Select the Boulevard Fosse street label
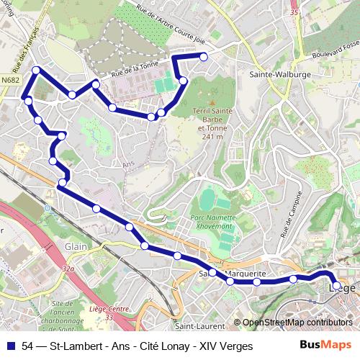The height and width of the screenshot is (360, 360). (x=336, y=49)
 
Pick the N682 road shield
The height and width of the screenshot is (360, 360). (x=10, y=81)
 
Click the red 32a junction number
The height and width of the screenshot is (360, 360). (x=68, y=269)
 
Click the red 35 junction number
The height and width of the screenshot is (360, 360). (x=293, y=12)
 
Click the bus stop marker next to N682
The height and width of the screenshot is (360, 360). (x=36, y=70)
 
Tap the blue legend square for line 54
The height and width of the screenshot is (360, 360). (x=10, y=346)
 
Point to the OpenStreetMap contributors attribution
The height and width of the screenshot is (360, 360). (x=297, y=323)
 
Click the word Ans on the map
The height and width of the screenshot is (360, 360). (x=129, y=164)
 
